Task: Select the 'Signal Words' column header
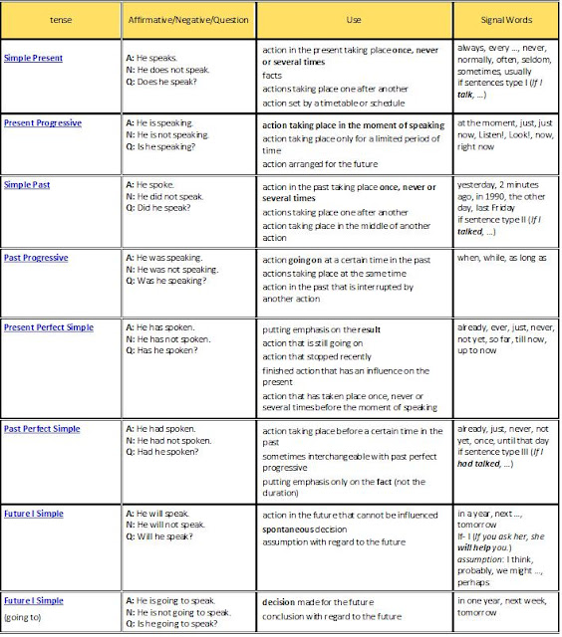coord(504,19)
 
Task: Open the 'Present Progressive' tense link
coord(43,122)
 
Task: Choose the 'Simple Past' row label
coord(27,185)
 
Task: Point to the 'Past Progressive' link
coord(36,258)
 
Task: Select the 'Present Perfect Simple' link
coord(53,326)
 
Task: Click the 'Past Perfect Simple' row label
coord(46,428)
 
